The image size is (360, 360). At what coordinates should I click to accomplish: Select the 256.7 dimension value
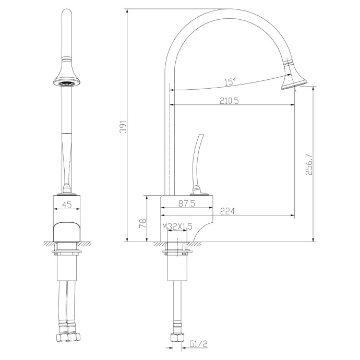(x=308, y=164)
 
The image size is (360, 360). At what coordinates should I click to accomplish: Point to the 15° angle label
(x=230, y=82)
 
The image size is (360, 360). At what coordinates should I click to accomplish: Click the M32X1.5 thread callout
(x=177, y=227)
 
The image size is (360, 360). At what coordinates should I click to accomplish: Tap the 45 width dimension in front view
(x=67, y=205)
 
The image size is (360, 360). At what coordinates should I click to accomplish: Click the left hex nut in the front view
(x=59, y=340)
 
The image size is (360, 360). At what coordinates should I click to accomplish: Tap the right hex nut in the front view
(x=75, y=340)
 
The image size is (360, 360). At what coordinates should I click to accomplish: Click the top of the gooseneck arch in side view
(x=219, y=10)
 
